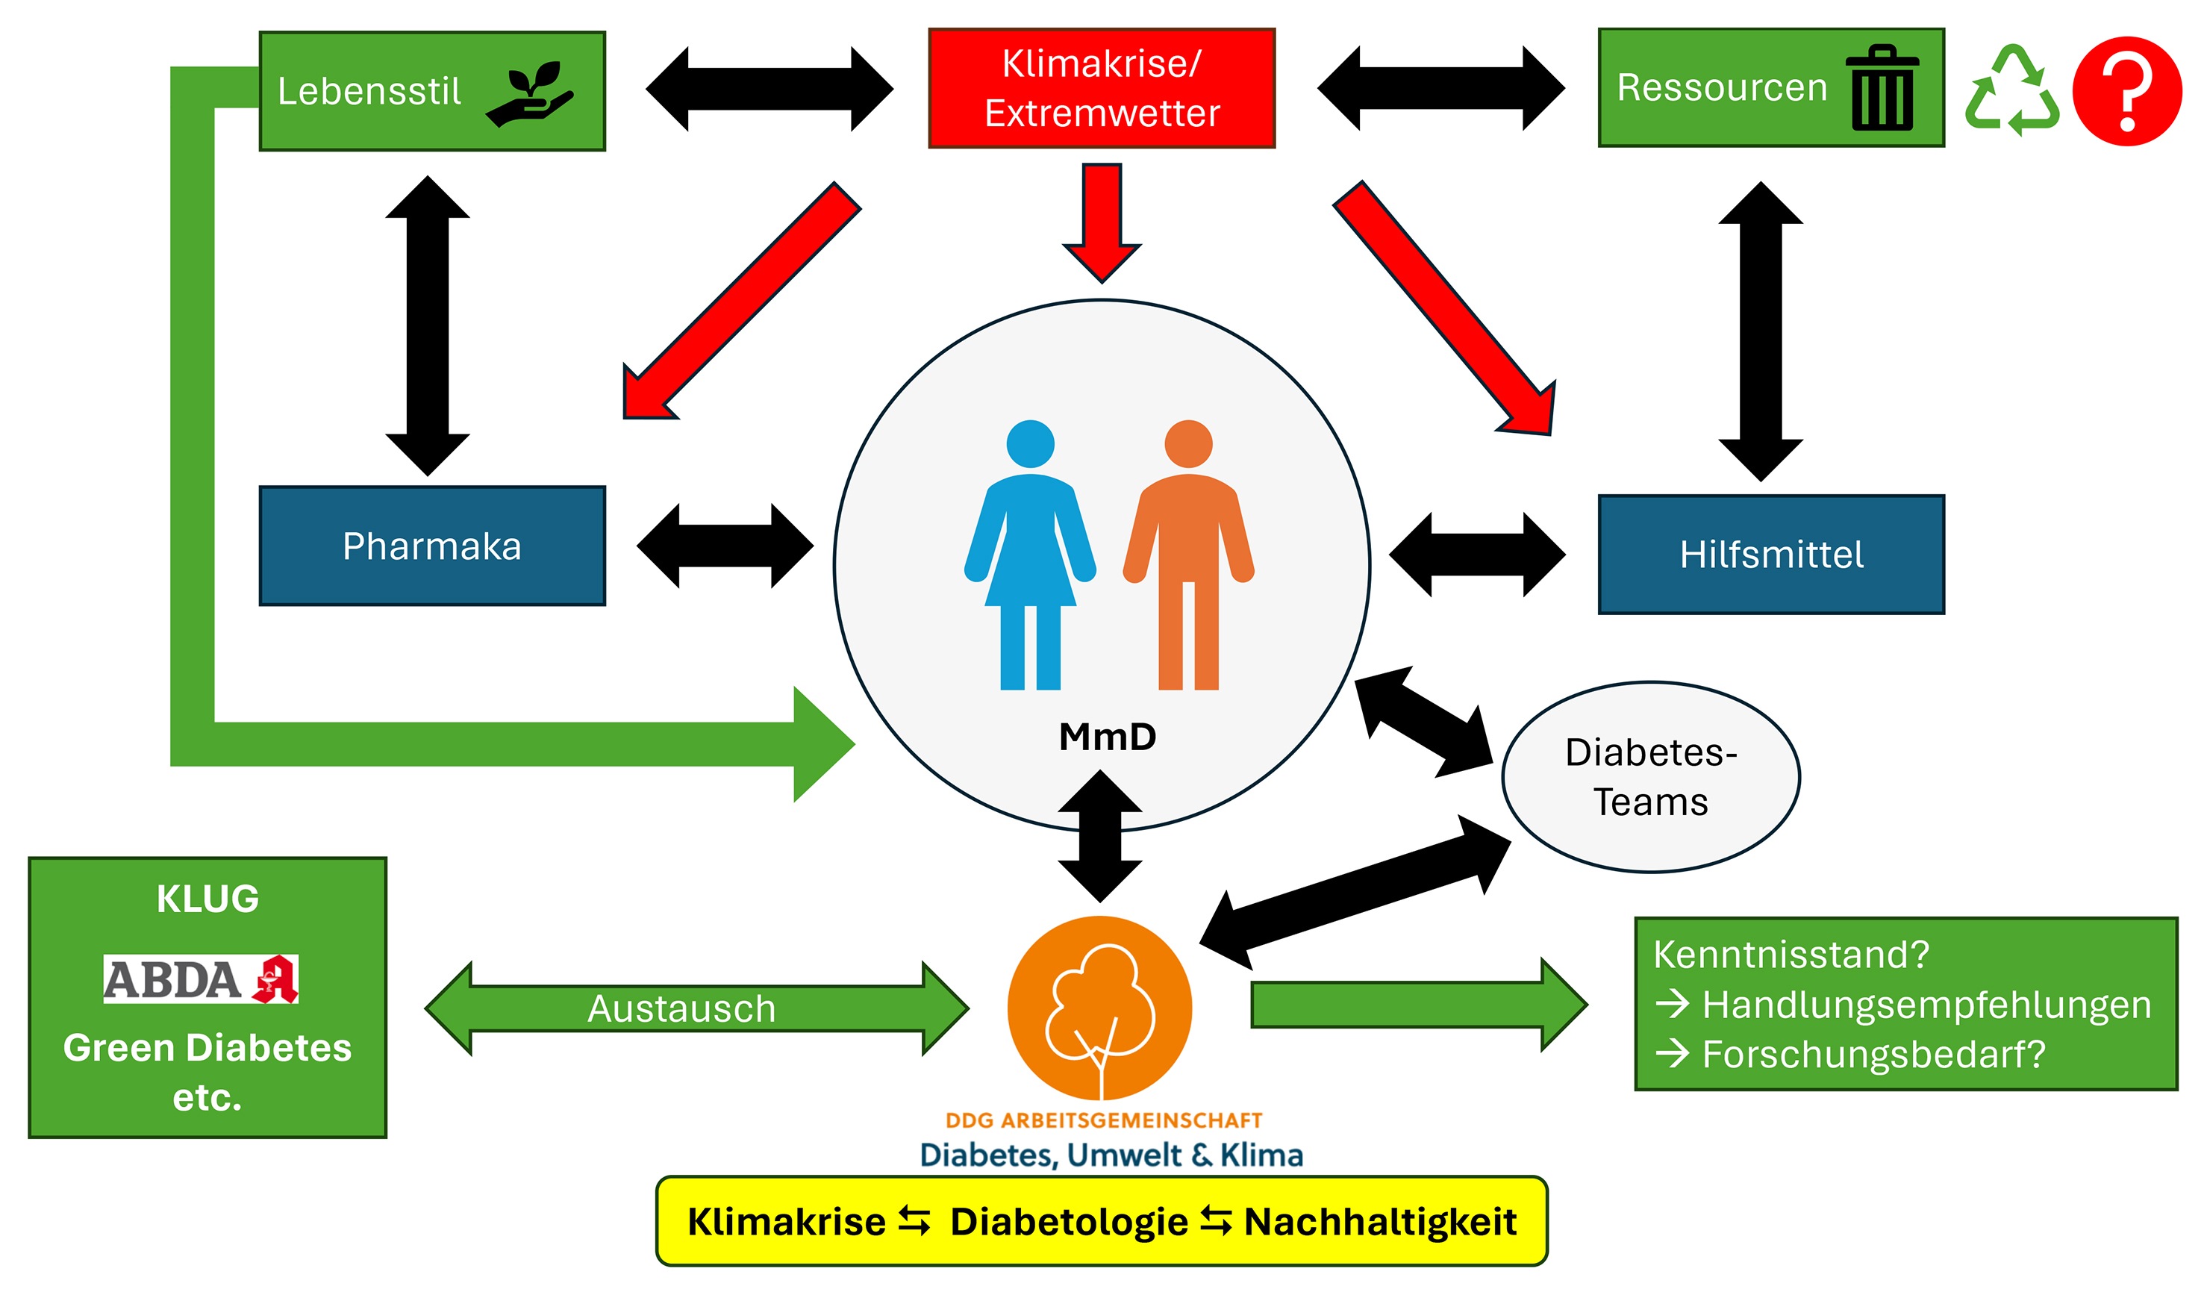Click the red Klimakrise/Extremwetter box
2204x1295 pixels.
tap(1101, 88)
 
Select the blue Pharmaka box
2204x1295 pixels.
tap(432, 546)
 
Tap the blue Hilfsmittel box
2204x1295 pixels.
tap(1770, 555)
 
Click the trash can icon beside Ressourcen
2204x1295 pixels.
tap(1882, 88)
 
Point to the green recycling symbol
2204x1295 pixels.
tap(2011, 91)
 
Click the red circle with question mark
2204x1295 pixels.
tap(2126, 91)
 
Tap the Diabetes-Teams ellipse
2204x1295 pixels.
tap(1649, 776)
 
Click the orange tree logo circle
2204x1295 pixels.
tap(1099, 1008)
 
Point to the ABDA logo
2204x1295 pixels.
tap(200, 979)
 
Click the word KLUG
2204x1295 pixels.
tap(207, 899)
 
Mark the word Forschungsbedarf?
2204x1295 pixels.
tap(1873, 1054)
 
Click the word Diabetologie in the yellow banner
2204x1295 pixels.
tap(1068, 1222)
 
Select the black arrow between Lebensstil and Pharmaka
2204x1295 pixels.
tap(428, 325)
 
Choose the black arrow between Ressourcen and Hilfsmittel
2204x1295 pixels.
tap(1760, 331)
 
